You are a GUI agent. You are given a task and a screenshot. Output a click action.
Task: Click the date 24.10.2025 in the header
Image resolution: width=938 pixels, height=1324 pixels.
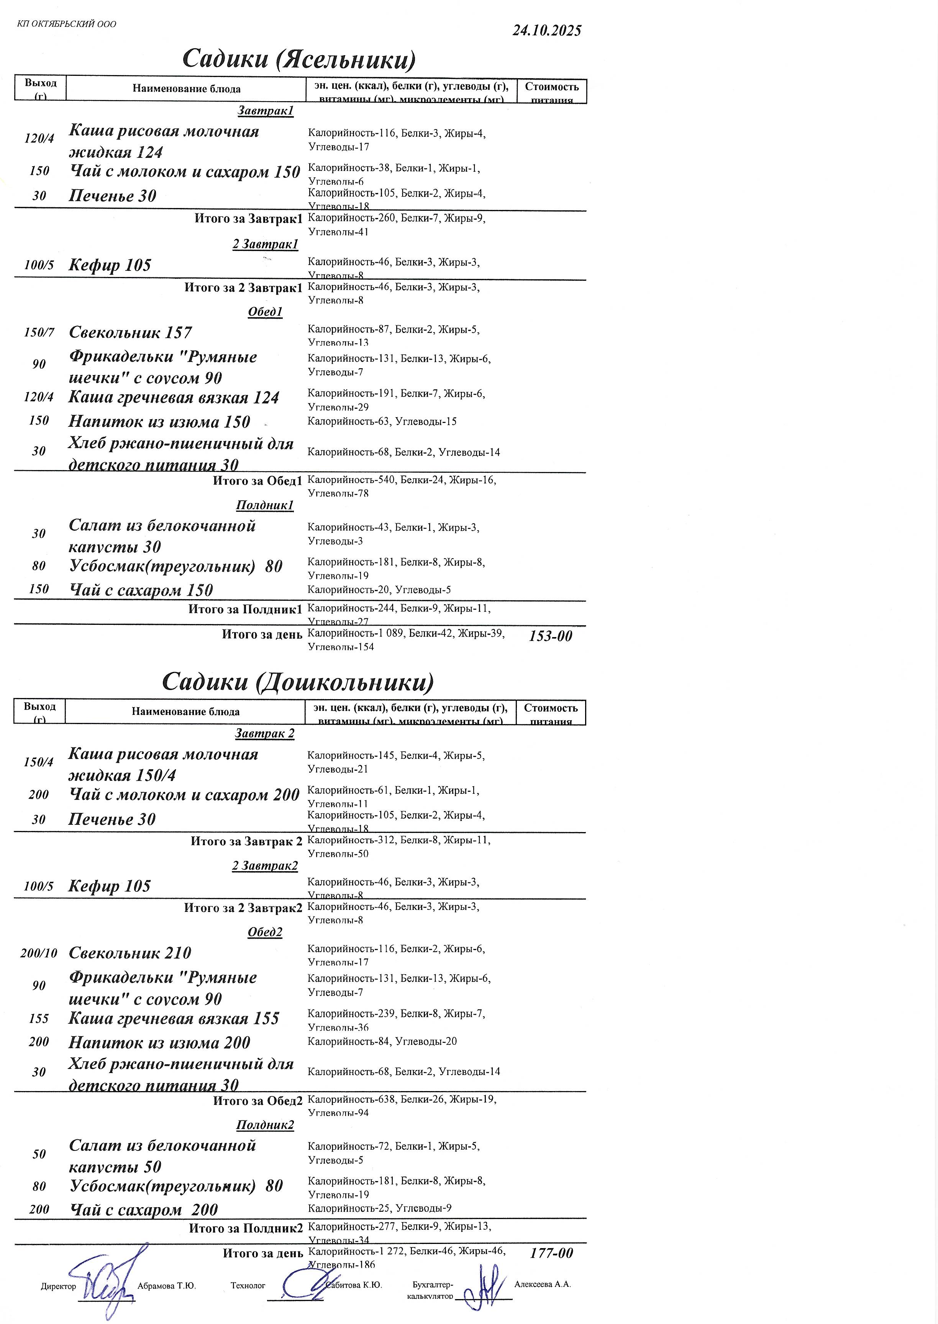(x=546, y=31)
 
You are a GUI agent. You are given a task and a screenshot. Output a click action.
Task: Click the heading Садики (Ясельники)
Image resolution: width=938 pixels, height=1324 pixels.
(x=298, y=59)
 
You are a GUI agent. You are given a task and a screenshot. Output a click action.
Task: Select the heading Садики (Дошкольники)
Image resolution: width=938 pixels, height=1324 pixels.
(x=297, y=682)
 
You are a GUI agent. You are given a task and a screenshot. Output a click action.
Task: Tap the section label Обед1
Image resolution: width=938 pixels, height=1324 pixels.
(x=265, y=312)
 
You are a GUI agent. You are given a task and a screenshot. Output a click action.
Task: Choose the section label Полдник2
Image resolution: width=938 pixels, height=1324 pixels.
(x=265, y=1125)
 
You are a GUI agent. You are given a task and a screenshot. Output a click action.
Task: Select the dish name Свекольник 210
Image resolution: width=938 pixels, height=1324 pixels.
(x=130, y=953)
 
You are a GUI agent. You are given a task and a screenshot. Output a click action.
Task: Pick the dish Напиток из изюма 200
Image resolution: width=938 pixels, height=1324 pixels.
(x=159, y=1042)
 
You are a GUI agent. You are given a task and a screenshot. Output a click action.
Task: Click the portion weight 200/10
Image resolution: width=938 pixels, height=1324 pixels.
(x=39, y=953)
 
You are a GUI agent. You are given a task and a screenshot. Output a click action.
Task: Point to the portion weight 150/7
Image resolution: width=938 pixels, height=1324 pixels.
(x=39, y=333)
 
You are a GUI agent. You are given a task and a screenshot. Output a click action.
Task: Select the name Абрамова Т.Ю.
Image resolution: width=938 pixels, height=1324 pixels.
(x=166, y=1286)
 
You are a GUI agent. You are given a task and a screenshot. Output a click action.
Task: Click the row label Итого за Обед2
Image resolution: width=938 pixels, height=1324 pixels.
(x=257, y=1101)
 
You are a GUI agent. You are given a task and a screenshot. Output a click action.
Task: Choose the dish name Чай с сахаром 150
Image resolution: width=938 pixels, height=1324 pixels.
(x=141, y=590)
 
